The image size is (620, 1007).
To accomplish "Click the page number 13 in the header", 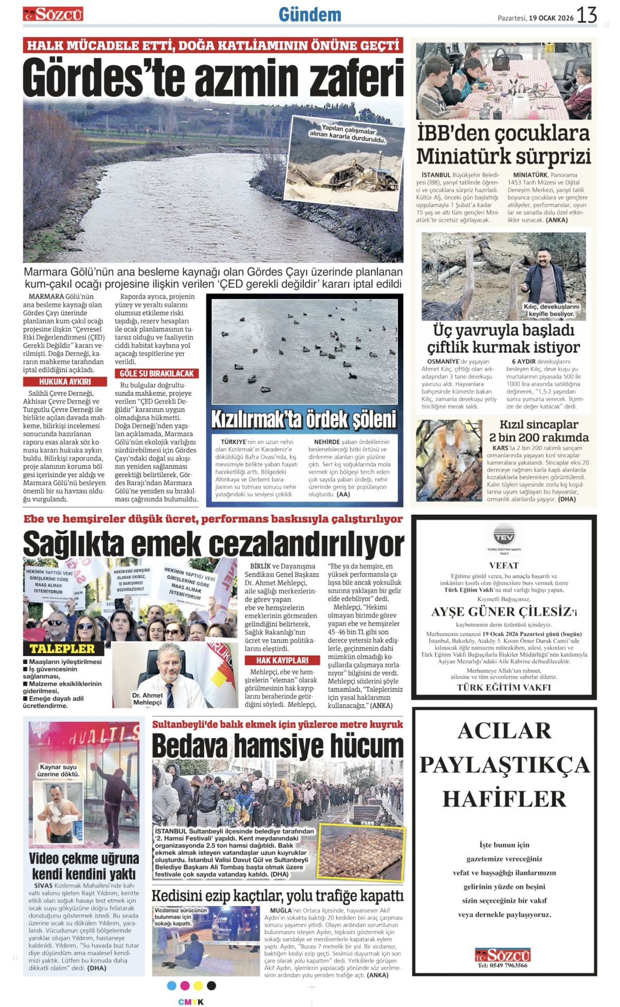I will (x=587, y=15).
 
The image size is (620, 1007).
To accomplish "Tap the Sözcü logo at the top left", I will (x=53, y=14).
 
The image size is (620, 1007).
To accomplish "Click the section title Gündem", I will (x=309, y=15).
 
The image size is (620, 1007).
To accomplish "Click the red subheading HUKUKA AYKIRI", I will (x=65, y=382).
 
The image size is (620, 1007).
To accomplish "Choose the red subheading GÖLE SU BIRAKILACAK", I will (x=157, y=374).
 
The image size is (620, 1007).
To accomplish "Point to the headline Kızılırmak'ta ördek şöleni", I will (x=304, y=420).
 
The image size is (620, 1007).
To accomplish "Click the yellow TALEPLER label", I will (x=62, y=648).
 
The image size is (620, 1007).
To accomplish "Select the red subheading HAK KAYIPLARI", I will (x=282, y=660).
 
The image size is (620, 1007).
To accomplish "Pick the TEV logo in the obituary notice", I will (x=504, y=537).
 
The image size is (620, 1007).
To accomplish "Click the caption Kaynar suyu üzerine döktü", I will (x=59, y=770).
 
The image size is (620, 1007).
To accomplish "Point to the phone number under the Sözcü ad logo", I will (x=503, y=965).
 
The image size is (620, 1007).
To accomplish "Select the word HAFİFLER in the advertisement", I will (x=504, y=799).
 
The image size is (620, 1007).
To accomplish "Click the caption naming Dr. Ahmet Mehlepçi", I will (x=147, y=699).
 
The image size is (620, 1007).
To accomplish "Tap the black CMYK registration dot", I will (x=211, y=985).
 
